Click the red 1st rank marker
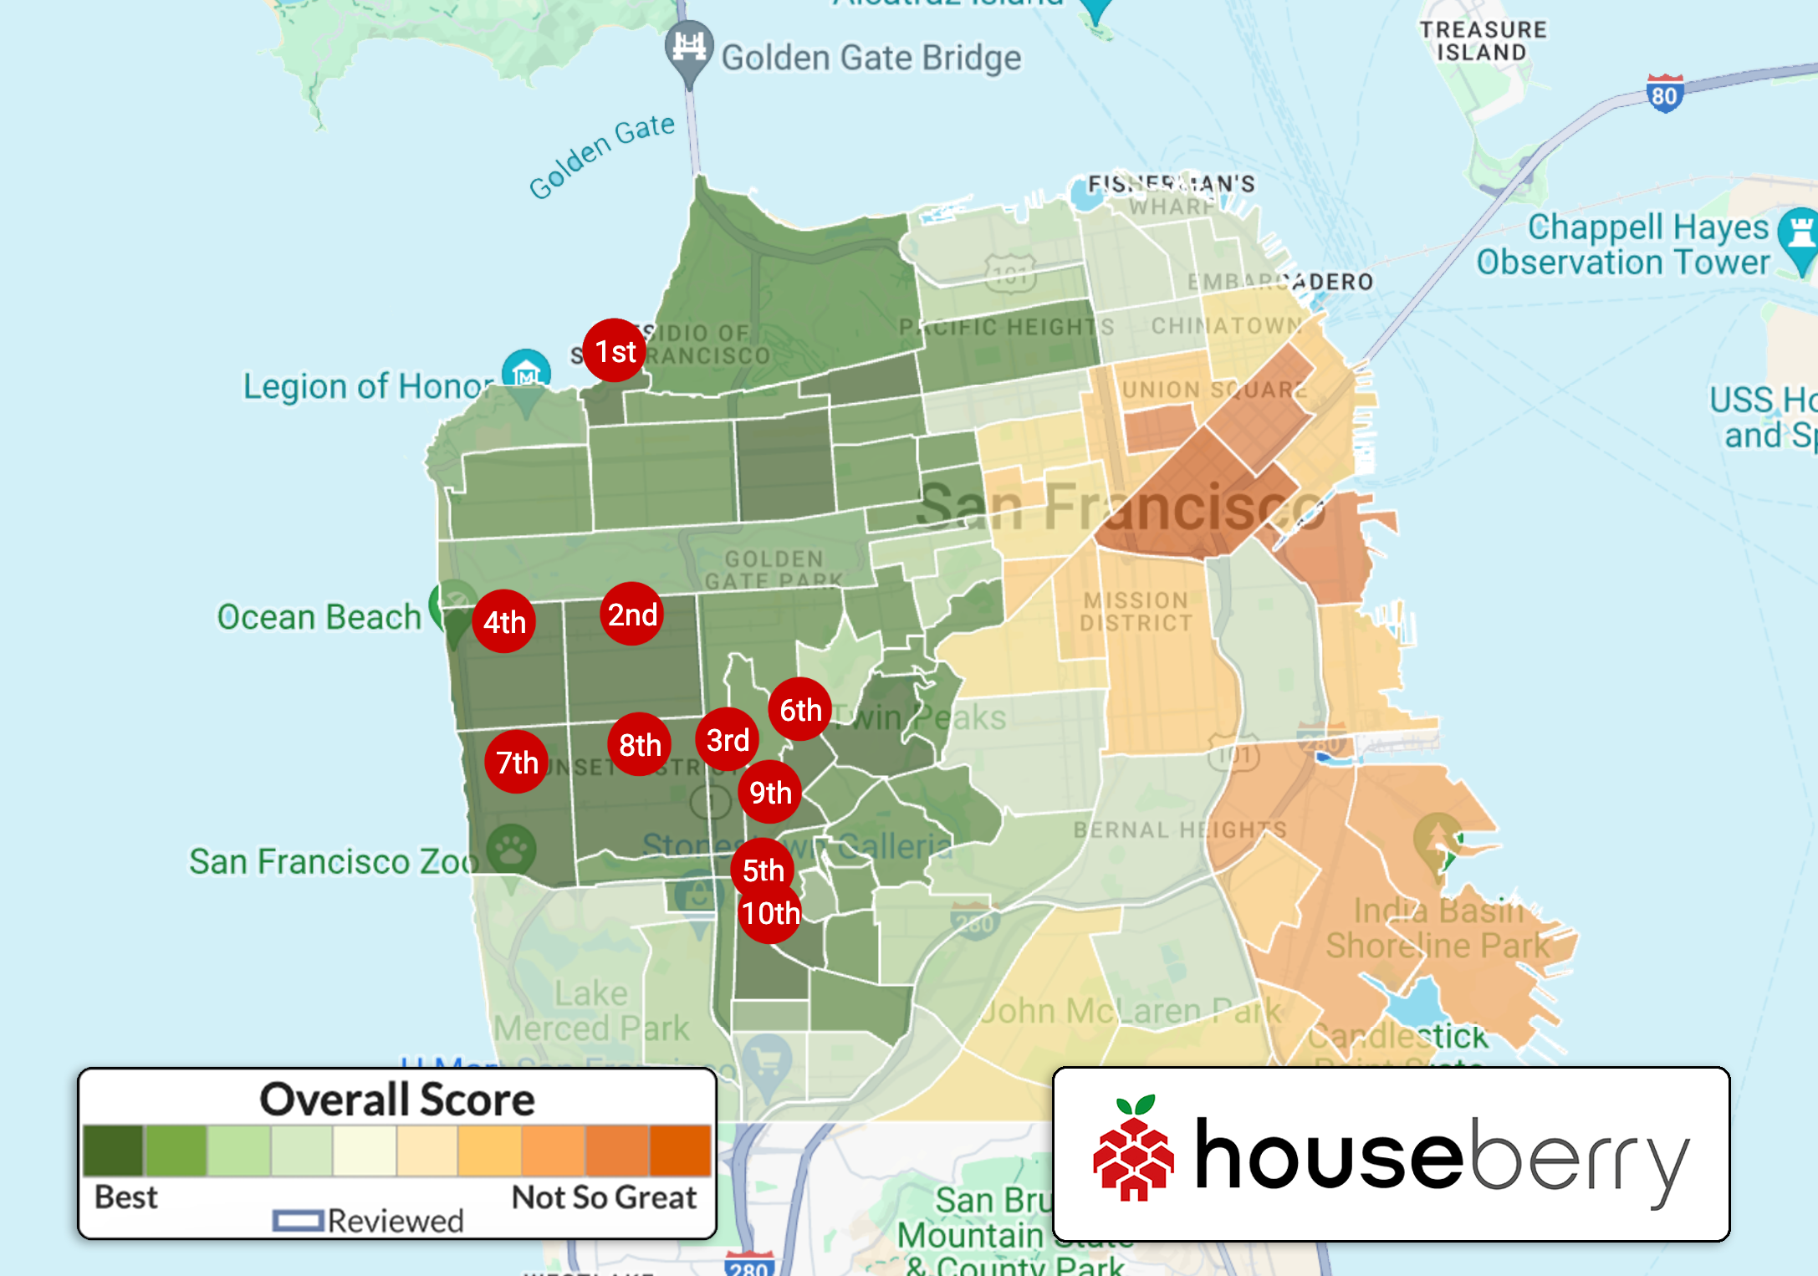(x=615, y=350)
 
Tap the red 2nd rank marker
(x=632, y=614)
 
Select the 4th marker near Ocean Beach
(x=504, y=621)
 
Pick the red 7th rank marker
(x=517, y=762)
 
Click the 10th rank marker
(x=770, y=913)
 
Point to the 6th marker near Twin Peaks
(x=800, y=709)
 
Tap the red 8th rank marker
(x=640, y=744)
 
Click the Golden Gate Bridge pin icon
(x=689, y=48)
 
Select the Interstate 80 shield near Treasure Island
(x=1663, y=94)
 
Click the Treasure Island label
(x=1483, y=41)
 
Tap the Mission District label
(x=1135, y=611)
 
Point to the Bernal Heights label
(x=1179, y=829)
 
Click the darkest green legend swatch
(x=114, y=1151)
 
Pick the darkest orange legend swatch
(x=680, y=1151)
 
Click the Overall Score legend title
(x=396, y=1099)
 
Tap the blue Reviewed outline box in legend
(x=298, y=1221)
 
